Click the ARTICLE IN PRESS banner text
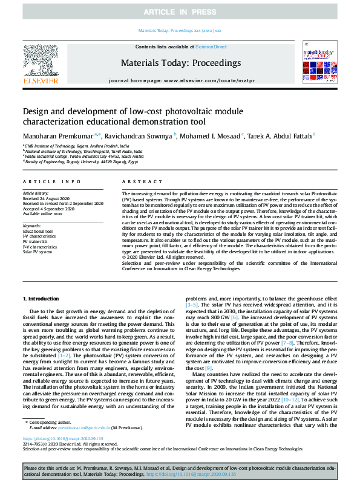(180, 12)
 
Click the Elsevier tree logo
(41, 60)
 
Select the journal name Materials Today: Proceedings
(181, 63)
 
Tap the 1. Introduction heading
(42, 299)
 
